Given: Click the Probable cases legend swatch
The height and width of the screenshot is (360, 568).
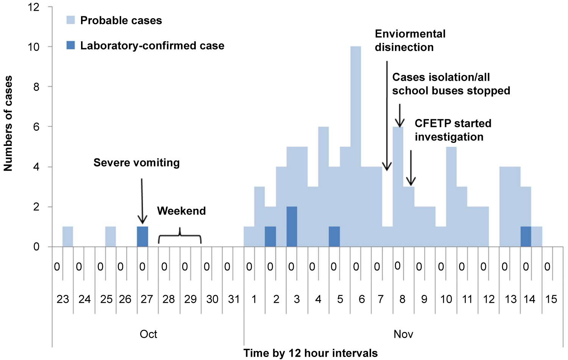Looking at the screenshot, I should (71, 20).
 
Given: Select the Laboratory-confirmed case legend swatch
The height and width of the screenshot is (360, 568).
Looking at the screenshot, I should (71, 45).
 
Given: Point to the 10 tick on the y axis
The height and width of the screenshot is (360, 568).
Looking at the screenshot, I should (34, 47).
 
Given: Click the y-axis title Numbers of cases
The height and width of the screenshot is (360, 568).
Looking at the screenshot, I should (8, 123).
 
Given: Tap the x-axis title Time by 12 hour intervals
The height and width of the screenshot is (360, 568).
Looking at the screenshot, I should (311, 353).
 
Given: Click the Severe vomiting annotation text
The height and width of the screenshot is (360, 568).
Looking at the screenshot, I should (137, 163).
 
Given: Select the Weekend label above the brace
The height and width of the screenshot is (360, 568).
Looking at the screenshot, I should (181, 211).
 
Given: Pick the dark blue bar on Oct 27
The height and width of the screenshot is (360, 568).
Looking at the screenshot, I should (142, 237).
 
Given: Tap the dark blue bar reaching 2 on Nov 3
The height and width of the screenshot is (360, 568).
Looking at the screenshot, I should (292, 227).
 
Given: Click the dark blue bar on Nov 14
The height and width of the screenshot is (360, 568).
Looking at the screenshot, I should (526, 237).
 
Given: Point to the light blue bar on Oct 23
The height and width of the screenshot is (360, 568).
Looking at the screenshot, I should (68, 237).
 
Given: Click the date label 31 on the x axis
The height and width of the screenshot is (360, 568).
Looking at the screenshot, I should (234, 299).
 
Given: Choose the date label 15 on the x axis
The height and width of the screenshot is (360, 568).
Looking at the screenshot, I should (551, 299).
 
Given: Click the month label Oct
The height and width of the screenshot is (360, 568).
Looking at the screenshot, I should (148, 334).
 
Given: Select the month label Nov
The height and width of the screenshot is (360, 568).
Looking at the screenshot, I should (403, 334).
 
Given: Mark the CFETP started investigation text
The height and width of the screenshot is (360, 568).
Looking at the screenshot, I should (453, 130).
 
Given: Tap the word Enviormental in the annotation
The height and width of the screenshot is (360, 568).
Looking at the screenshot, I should (410, 34).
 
